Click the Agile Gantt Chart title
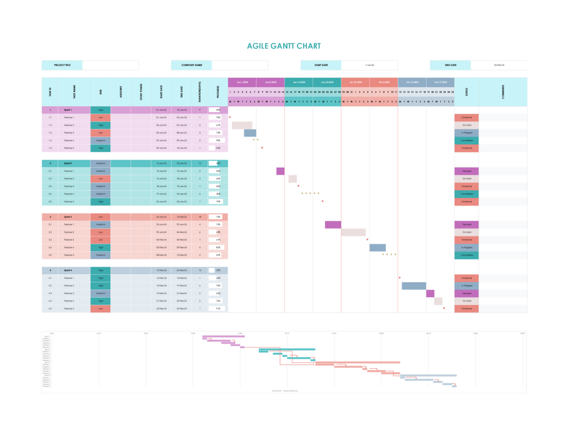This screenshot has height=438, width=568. coord(283,46)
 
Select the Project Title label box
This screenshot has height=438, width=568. coord(62,65)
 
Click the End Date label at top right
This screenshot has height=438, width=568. coord(450,65)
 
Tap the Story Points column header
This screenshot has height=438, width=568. coord(141,92)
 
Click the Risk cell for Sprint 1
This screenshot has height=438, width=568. coord(100,110)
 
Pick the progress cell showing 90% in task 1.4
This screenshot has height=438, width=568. coord(217,141)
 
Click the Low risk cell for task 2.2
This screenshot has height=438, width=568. coord(100,179)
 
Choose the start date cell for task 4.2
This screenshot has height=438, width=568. coord(161,286)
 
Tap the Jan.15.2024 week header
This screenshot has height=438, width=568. coord(299,82)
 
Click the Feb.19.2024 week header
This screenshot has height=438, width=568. coord(440,82)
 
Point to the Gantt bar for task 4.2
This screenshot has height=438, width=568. coord(413,286)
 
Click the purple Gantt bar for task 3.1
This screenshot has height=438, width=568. coord(333,225)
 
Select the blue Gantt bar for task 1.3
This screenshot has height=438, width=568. coord(250,133)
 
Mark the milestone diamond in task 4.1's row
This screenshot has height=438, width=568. coord(400,278)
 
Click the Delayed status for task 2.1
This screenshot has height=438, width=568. coord(466,171)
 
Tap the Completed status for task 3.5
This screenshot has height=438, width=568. coord(466,255)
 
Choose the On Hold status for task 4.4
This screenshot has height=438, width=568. coord(466,301)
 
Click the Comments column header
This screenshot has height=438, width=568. coord(503,92)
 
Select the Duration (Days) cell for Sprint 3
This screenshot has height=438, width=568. coord(199,217)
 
